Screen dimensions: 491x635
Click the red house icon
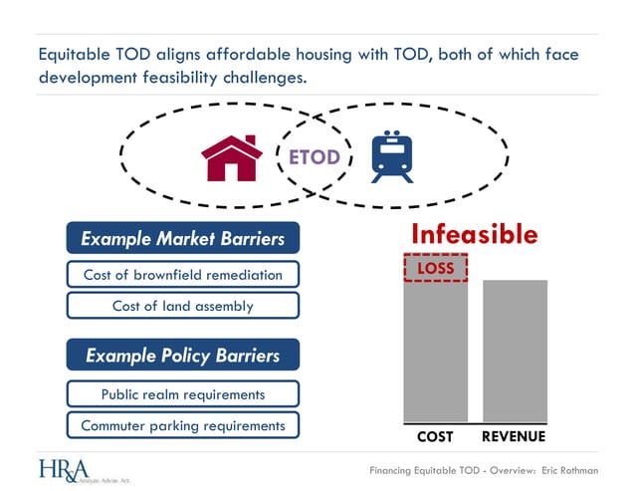point(232,157)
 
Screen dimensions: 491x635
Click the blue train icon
point(391,157)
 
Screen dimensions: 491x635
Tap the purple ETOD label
point(314,157)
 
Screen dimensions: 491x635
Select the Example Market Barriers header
point(182,238)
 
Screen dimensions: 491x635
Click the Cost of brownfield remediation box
point(182,275)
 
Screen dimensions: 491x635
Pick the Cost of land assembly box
point(182,306)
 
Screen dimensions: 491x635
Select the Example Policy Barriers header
point(182,356)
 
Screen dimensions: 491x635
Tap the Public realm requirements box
point(182,394)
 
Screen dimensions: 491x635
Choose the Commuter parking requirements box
point(182,425)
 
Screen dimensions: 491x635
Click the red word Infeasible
point(474,235)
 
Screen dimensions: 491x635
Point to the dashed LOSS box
point(435,268)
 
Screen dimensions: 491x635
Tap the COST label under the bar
point(435,437)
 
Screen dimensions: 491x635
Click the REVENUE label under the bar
point(514,437)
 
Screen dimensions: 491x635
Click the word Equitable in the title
point(75,54)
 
